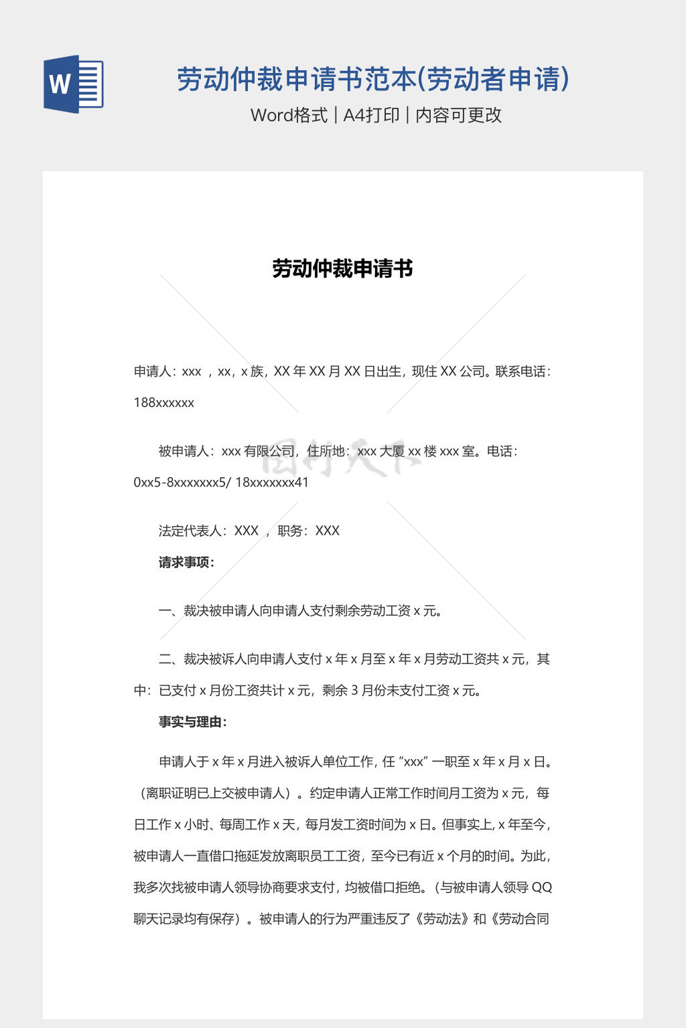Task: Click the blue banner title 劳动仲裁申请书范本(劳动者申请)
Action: pos(373,79)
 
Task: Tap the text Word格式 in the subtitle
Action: pos(289,115)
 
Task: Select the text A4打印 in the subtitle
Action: pos(371,115)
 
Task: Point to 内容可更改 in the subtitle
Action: pos(459,115)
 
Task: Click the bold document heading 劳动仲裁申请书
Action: pos(342,269)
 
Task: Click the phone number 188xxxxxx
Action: pos(164,403)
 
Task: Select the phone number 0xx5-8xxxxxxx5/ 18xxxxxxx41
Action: pos(221,483)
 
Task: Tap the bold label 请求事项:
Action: pos(186,562)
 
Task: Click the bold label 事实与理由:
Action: pos(193,722)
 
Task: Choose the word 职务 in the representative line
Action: pos(289,531)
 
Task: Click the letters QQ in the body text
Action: pos(541,887)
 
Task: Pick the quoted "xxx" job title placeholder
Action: pos(413,762)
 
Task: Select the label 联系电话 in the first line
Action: pos(520,371)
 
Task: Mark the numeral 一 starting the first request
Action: pos(165,611)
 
